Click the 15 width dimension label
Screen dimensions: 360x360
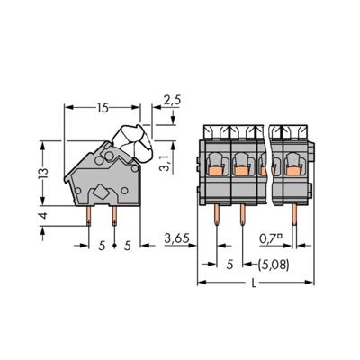pyautogui.click(x=103, y=107)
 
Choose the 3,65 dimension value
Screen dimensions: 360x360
pyautogui.click(x=177, y=238)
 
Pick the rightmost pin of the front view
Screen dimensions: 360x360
pyautogui.click(x=296, y=216)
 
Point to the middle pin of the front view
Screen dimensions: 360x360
pyautogui.click(x=244, y=216)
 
